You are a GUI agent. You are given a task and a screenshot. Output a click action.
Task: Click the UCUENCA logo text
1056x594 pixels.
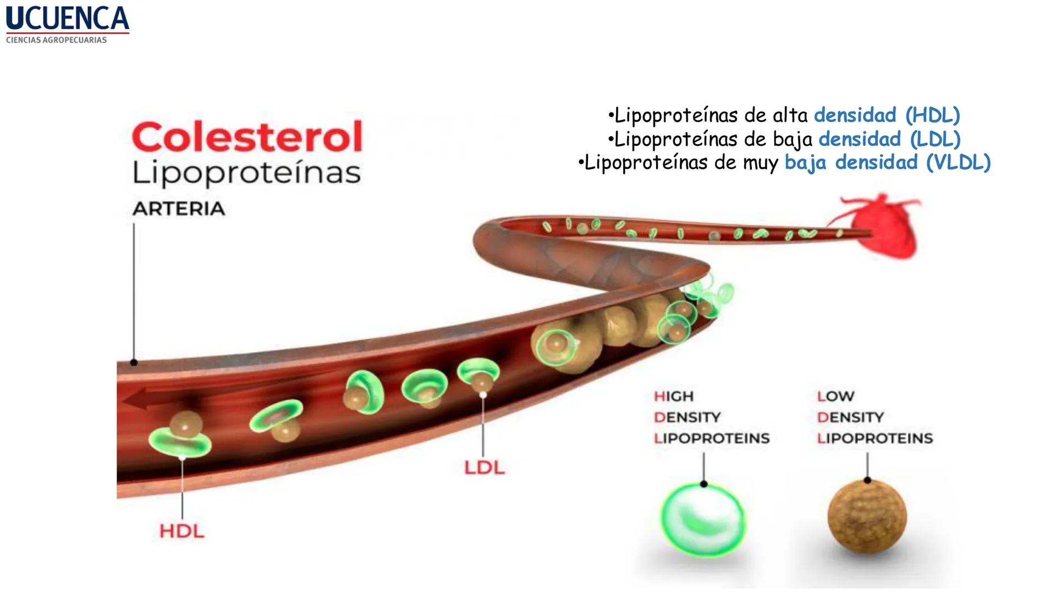[67, 18]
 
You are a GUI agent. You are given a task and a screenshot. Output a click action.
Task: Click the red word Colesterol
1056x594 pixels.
[247, 137]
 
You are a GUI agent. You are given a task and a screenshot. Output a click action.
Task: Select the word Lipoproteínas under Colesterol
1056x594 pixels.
[247, 173]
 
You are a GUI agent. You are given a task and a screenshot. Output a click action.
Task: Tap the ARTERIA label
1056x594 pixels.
[179, 209]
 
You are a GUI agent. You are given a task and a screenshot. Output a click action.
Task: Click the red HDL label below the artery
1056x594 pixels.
[182, 531]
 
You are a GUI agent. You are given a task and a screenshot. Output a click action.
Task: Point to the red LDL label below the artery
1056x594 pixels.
[484, 468]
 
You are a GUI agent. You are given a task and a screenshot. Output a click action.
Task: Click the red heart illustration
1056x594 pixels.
[883, 226]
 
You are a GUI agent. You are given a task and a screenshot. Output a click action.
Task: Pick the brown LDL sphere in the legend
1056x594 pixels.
[867, 515]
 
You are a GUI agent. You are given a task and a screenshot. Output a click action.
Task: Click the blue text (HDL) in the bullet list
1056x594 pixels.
[932, 116]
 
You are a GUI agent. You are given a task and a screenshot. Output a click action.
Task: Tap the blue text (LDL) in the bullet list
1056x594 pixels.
[935, 139]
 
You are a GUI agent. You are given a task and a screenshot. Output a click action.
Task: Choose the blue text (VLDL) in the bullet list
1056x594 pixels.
[958, 163]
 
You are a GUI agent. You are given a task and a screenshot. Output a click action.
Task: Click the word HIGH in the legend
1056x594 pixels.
[674, 396]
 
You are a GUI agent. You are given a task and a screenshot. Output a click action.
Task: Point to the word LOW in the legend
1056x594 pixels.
[835, 396]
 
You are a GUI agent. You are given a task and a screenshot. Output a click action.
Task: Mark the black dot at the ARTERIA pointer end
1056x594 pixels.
[134, 362]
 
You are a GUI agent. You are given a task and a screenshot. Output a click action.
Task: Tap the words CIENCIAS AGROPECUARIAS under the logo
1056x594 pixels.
[56, 40]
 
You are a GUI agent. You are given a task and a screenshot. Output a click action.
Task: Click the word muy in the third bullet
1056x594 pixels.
[762, 163]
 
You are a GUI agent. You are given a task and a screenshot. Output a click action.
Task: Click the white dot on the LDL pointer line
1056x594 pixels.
[483, 395]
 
